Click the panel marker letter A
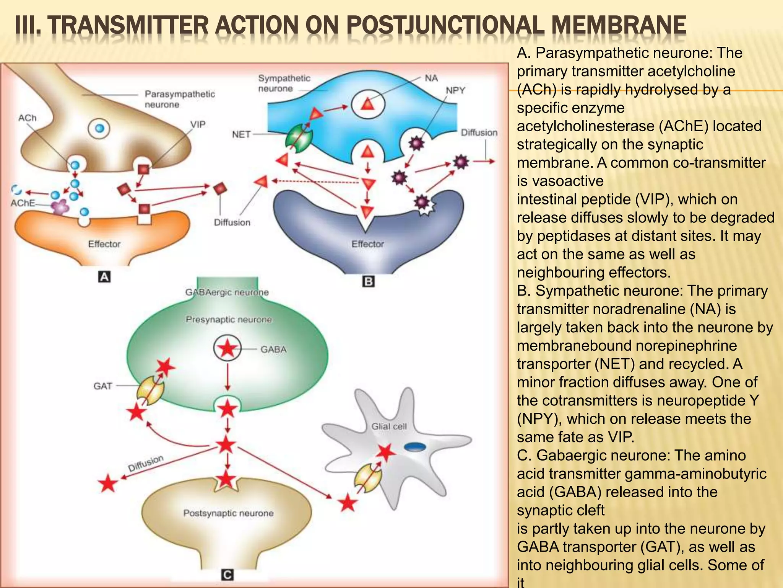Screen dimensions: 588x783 point(104,276)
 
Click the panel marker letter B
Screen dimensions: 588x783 point(368,282)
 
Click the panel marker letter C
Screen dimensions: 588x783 point(227,575)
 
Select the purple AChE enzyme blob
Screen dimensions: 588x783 point(60,207)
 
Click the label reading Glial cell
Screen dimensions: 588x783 point(389,426)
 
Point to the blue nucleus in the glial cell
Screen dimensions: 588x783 point(415,446)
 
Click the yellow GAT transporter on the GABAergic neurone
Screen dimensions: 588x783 point(151,390)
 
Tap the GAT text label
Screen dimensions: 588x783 point(102,386)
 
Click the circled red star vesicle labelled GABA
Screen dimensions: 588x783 point(227,348)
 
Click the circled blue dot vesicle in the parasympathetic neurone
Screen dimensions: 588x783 point(99,129)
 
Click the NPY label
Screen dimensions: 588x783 point(455,90)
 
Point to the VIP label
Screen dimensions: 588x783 point(198,124)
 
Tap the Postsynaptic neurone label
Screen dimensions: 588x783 point(228,513)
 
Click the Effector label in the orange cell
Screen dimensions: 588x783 point(104,244)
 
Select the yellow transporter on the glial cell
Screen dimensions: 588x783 point(367,477)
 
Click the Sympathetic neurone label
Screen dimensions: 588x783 point(284,83)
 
